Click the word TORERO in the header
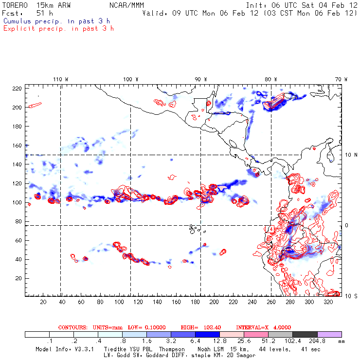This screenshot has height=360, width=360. pyautogui.click(x=14, y=5)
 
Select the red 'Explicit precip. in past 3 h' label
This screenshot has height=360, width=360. pyautogui.click(x=58, y=28)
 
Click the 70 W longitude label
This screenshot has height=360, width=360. pyautogui.click(x=342, y=79)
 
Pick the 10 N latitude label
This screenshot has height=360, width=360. pyautogui.click(x=348, y=155)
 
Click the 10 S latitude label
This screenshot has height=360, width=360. pyautogui.click(x=348, y=296)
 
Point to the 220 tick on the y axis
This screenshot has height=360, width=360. pyautogui.click(x=18, y=89)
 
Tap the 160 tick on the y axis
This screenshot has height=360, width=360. pyautogui.click(x=18, y=145)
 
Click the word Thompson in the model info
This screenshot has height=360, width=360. pyautogui.click(x=171, y=349)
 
